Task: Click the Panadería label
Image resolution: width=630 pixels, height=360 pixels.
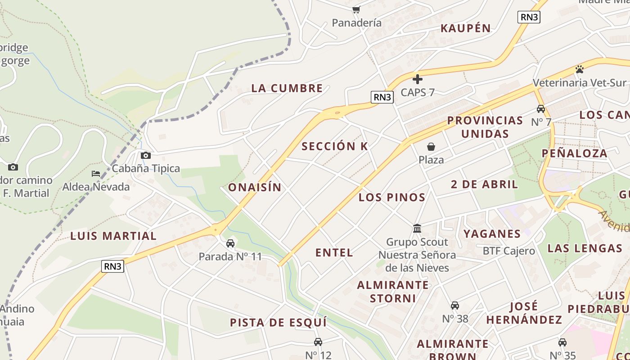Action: click(x=356, y=22)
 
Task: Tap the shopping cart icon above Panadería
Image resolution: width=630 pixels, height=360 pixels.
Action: click(x=356, y=9)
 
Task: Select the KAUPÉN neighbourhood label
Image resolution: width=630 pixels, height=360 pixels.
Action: click(x=466, y=28)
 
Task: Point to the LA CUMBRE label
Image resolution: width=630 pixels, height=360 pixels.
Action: click(x=287, y=88)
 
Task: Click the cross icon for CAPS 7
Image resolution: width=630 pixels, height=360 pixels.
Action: click(x=418, y=79)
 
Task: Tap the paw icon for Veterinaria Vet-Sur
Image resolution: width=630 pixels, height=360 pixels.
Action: click(x=580, y=69)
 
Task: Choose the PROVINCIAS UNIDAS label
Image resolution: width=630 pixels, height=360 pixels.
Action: click(x=485, y=127)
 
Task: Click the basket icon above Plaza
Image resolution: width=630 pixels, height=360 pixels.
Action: click(x=431, y=147)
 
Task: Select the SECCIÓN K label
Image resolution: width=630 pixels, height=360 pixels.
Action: click(x=335, y=146)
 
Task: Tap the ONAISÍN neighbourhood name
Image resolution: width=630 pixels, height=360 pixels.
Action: click(x=255, y=187)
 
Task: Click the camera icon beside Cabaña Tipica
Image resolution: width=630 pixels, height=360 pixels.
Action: click(x=146, y=156)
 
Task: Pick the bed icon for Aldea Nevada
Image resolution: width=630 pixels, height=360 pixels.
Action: click(x=96, y=174)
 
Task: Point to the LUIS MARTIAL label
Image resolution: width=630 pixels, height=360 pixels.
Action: click(x=113, y=236)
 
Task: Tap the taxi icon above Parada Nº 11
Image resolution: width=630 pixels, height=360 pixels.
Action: click(x=230, y=243)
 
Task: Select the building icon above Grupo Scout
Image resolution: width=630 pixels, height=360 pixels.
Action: click(x=417, y=229)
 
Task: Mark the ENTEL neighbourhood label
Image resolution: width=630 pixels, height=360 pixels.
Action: click(x=334, y=252)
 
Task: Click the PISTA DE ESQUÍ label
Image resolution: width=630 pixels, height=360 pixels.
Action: click(x=278, y=323)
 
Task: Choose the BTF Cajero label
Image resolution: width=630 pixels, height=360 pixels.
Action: click(x=509, y=251)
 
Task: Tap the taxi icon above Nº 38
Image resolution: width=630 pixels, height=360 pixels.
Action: click(x=455, y=306)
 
